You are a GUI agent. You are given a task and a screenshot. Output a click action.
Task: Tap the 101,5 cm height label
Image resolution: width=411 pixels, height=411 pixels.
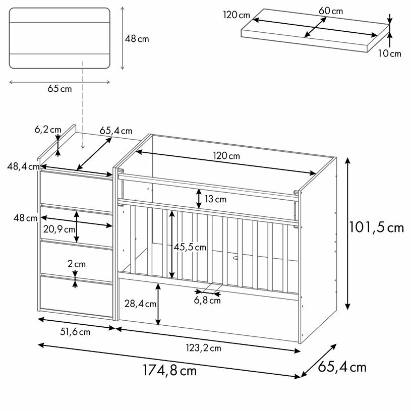376,227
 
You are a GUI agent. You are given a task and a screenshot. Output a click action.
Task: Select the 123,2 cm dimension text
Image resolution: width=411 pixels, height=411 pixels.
204,347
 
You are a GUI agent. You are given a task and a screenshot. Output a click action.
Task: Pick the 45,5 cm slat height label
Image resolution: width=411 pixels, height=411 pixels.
190,247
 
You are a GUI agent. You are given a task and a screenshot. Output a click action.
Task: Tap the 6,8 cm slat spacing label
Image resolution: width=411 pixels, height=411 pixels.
207,301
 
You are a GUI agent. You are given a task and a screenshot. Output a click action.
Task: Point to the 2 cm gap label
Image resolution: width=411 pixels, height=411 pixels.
76,264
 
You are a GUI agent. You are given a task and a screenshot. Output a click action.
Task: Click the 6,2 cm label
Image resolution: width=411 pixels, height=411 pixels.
47,130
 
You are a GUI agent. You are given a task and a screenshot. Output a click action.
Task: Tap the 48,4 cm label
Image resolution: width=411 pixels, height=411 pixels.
23,166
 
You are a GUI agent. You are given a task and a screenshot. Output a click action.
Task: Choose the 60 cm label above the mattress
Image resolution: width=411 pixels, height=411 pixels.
331,11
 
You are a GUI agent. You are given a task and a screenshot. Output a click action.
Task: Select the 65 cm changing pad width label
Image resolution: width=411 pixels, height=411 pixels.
60,89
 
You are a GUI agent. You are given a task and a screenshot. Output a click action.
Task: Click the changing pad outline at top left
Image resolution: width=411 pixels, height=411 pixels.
60,38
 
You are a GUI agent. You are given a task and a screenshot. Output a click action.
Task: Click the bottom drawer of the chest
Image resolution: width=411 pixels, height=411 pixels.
76,298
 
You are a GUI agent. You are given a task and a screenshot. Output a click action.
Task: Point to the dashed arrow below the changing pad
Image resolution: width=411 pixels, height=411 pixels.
83,106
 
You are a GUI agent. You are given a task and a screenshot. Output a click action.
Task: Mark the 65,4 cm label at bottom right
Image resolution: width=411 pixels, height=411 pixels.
342,367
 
